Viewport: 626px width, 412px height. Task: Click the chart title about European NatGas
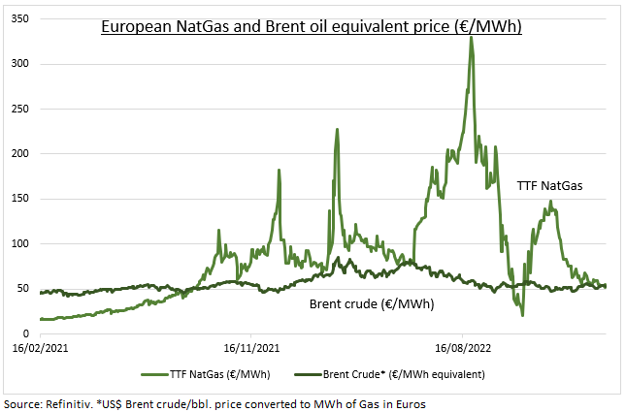pos(313,27)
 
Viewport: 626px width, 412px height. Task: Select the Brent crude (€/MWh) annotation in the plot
pos(371,304)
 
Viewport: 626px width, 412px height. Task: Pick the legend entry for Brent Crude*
pos(409,373)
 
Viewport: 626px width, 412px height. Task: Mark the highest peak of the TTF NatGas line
pos(472,37)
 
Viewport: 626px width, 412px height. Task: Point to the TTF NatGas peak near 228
pos(337,129)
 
